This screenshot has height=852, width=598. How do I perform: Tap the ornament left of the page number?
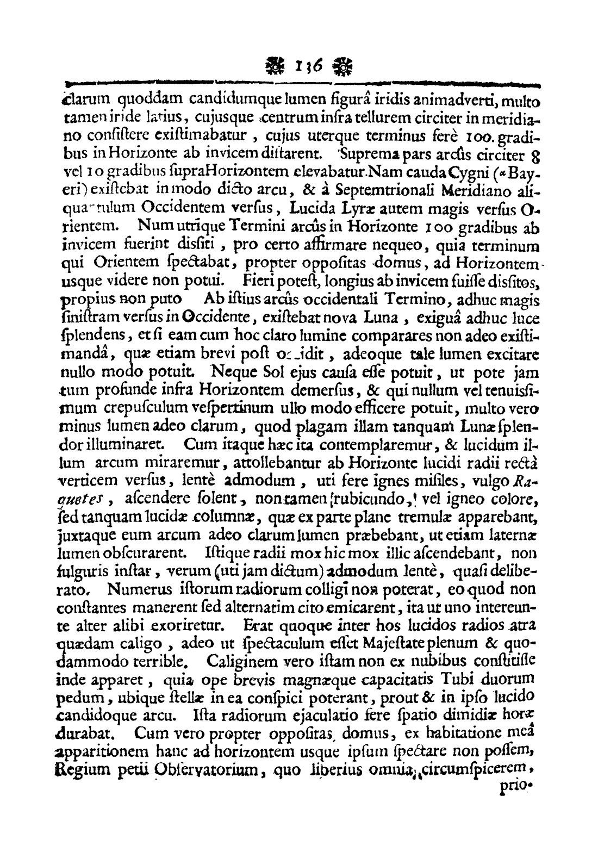click(272, 67)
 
